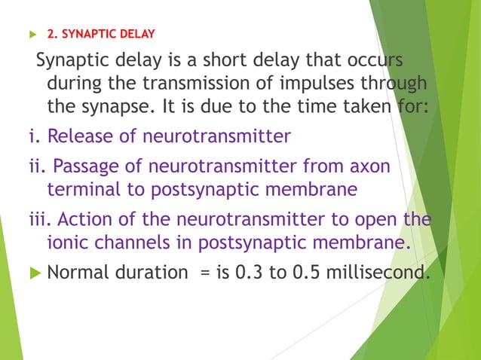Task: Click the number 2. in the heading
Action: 52,34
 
